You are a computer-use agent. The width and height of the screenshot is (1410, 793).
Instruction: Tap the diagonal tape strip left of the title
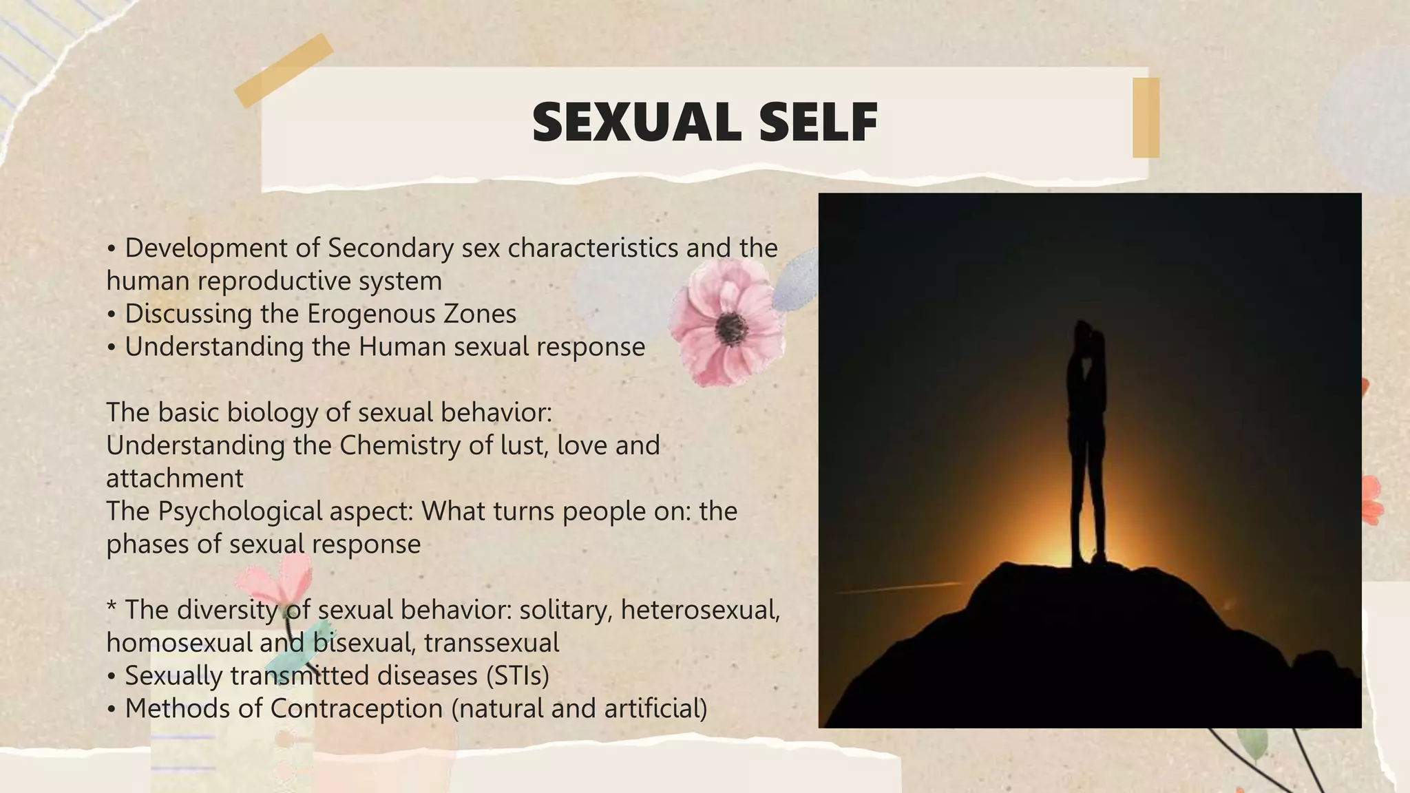click(284, 70)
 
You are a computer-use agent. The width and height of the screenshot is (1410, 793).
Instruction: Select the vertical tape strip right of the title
click(1146, 118)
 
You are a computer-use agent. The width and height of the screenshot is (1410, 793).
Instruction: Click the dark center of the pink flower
click(730, 328)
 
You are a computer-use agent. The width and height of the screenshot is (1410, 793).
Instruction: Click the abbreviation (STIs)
click(517, 676)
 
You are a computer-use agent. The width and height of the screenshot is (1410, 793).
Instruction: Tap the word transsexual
click(492, 643)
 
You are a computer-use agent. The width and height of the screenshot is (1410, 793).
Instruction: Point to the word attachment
click(175, 478)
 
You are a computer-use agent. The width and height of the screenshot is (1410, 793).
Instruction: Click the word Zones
click(480, 314)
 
